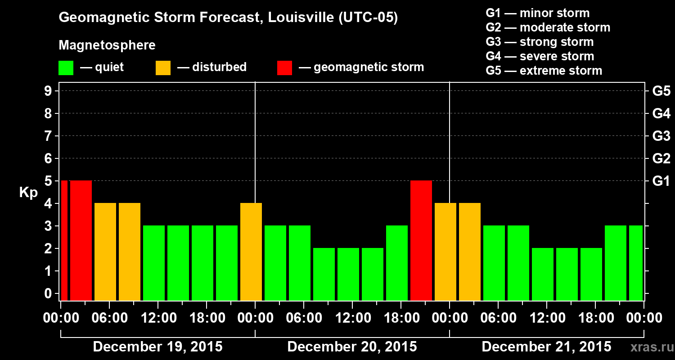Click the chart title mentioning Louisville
click(228, 18)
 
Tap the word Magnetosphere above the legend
click(107, 45)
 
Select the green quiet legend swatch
click(66, 68)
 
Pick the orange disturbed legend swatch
click(163, 68)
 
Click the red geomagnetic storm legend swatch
click(284, 68)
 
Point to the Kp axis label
click(28, 192)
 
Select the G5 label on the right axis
click(661, 91)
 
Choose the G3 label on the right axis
click(661, 136)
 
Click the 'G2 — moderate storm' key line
click(548, 27)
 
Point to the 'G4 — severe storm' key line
click(540, 56)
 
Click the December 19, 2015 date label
click(157, 347)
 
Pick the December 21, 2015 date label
click(546, 347)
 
